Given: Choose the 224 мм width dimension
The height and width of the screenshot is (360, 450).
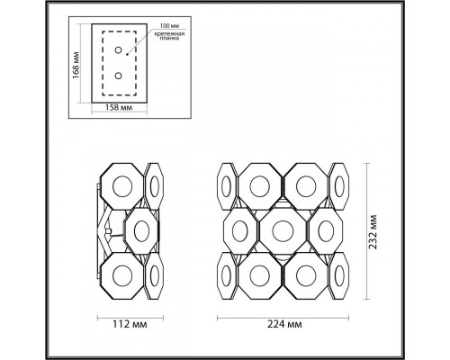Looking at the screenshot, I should pos(286,322).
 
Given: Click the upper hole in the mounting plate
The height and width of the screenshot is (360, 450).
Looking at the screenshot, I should pos(118,55).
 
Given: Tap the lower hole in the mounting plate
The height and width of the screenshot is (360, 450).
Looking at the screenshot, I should pos(118,77).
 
